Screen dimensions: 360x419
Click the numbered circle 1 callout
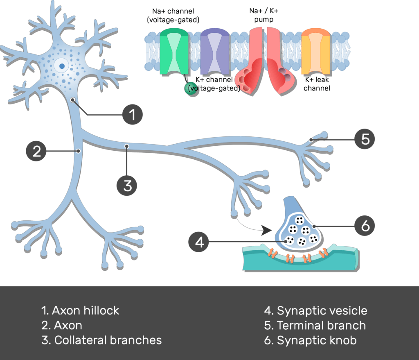(132, 115)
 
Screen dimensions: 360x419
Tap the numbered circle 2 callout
(36, 151)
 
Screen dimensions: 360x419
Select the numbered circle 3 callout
(127, 185)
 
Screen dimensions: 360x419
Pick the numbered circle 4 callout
(199, 242)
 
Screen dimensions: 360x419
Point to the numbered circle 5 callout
(365, 140)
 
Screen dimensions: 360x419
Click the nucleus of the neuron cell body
(61, 65)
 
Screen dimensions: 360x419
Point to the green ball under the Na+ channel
(191, 88)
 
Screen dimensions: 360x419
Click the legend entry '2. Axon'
(62, 325)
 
